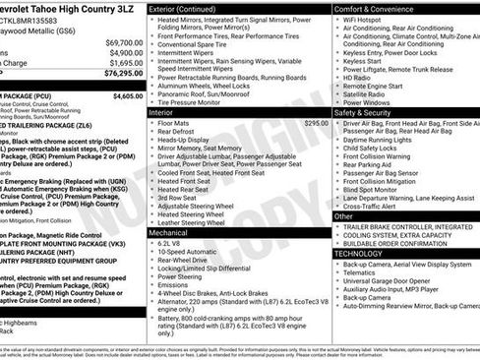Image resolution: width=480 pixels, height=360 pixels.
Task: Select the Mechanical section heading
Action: pos(169,231)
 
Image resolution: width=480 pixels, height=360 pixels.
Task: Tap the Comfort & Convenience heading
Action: pos(379,8)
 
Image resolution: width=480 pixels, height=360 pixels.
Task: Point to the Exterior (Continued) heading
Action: pos(189,8)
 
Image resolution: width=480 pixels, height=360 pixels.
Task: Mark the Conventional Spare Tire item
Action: pos(198,44)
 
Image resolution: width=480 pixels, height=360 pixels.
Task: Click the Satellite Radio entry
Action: pos(366,92)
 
